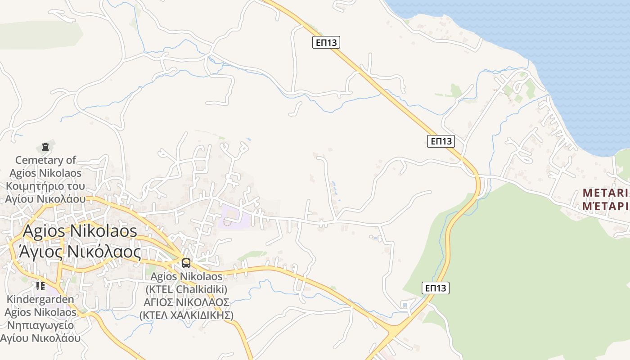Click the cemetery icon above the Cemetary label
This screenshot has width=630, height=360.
45,146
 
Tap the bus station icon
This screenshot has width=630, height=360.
186,263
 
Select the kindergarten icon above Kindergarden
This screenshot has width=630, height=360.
40,286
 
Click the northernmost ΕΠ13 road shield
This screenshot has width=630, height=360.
326,42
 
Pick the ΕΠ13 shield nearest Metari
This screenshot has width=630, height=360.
441,141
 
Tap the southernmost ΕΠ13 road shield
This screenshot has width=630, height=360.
436,288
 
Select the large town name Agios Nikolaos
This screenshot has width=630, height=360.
80,231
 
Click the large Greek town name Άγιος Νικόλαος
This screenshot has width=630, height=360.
80,252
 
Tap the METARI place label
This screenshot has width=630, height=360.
605,193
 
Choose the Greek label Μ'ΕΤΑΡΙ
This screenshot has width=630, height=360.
605,206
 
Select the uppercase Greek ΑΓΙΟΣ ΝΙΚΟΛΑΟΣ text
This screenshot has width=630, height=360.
186,302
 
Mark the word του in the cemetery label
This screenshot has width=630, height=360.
76,186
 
